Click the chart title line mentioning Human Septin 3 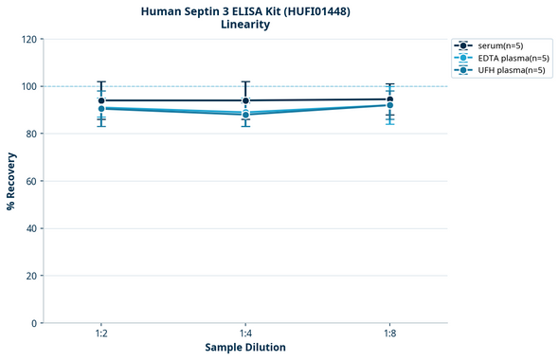pyautogui.click(x=245, y=10)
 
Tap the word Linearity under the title pyautogui.click(x=245, y=25)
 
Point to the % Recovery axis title pyautogui.click(x=11, y=181)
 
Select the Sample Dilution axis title pyautogui.click(x=245, y=348)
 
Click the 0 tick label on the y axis pyautogui.click(x=33, y=323)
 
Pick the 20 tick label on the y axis pyautogui.click(x=30, y=276)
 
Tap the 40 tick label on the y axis pyautogui.click(x=30, y=228)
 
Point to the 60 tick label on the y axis pyautogui.click(x=30, y=181)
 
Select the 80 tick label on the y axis pyautogui.click(x=30, y=134)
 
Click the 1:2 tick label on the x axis pyautogui.click(x=101, y=334)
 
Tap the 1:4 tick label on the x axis pyautogui.click(x=245, y=334)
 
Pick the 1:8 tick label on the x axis pyautogui.click(x=389, y=334)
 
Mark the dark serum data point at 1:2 pyautogui.click(x=101, y=100)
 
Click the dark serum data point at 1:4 pyautogui.click(x=245, y=100)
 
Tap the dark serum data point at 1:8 pyautogui.click(x=389, y=99)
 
